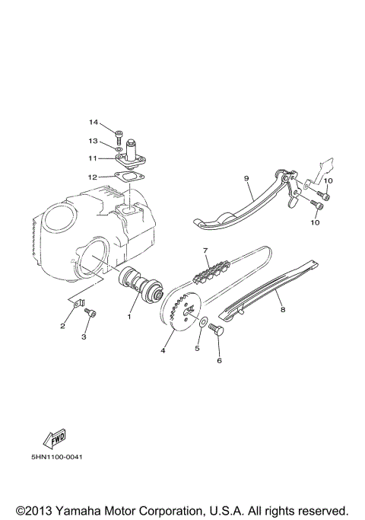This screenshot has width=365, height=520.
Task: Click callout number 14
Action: click(x=94, y=123)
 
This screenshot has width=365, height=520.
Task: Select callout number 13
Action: click(x=94, y=141)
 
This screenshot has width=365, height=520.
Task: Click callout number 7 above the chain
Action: click(x=205, y=250)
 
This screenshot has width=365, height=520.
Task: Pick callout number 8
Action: click(x=283, y=311)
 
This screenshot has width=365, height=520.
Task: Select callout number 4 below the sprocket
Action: click(x=162, y=351)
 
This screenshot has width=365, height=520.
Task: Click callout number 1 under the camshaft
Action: click(x=129, y=316)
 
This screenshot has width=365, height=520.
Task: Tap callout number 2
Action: click(x=63, y=327)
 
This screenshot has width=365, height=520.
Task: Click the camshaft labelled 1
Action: click(x=138, y=285)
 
